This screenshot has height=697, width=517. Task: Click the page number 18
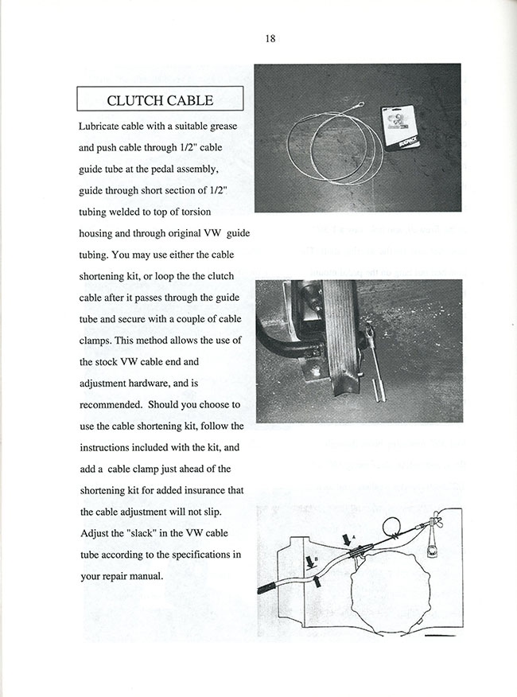(x=270, y=39)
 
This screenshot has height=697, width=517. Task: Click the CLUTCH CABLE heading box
(x=160, y=100)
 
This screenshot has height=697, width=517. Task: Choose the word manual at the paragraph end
(x=146, y=575)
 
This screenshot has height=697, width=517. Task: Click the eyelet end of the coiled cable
(x=360, y=102)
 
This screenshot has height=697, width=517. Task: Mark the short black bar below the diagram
(x=440, y=634)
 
